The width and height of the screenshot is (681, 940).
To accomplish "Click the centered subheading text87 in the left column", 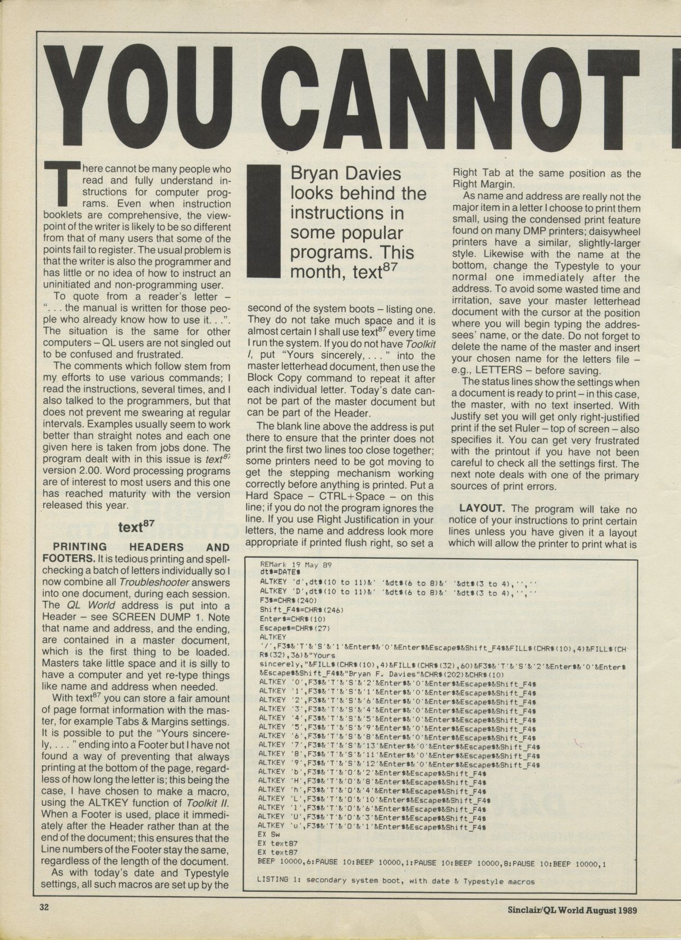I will (x=136, y=527).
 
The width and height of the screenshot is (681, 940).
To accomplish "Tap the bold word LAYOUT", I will (x=483, y=509).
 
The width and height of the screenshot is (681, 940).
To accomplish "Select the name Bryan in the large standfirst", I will (x=316, y=174).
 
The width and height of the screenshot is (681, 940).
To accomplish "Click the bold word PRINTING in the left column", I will (x=74, y=547).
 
